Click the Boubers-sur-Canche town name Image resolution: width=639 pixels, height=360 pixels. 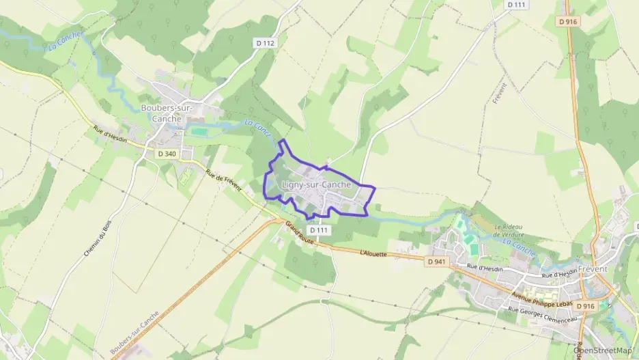pyautogui.click(x=167, y=113)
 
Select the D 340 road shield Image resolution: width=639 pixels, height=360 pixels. pyautogui.click(x=167, y=154)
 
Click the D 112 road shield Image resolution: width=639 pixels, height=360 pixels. pyautogui.click(x=266, y=43)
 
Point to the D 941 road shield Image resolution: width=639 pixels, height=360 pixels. pyautogui.click(x=438, y=262)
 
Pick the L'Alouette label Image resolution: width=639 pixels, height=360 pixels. pyautogui.click(x=373, y=253)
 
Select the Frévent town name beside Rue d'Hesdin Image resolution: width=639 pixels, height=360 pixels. pyautogui.click(x=592, y=269)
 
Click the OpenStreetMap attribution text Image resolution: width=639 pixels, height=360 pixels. pyautogui.click(x=605, y=350)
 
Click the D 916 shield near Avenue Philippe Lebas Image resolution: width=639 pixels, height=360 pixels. pyautogui.click(x=585, y=306)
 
